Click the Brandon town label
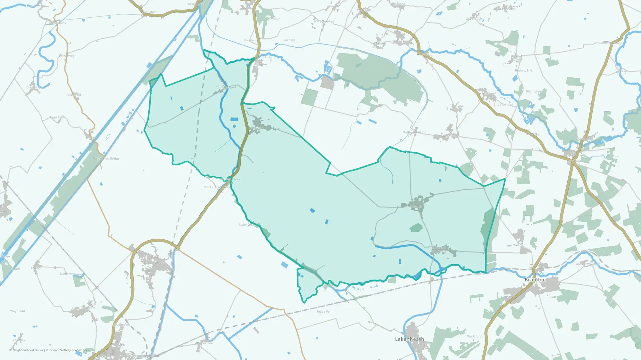click(x=535, y=280)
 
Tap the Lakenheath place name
click(x=409, y=339)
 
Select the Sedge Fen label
click(x=324, y=312)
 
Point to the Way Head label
click(x=17, y=311)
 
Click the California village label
click(x=95, y=301)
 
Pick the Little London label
click(x=503, y=105)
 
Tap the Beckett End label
click(x=523, y=70)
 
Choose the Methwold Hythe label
click(x=414, y=132)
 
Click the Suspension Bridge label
click(x=106, y=159)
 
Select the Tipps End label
click(x=56, y=117)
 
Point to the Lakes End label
click(x=73, y=95)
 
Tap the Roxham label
click(x=289, y=40)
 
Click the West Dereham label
click(x=324, y=21)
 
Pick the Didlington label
click(x=533, y=92)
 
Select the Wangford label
click(x=474, y=336)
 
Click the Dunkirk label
click(x=66, y=274)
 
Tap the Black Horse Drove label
click(x=217, y=187)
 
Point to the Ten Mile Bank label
click(x=226, y=87)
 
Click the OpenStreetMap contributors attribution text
click(x=69, y=350)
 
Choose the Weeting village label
click(x=519, y=245)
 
